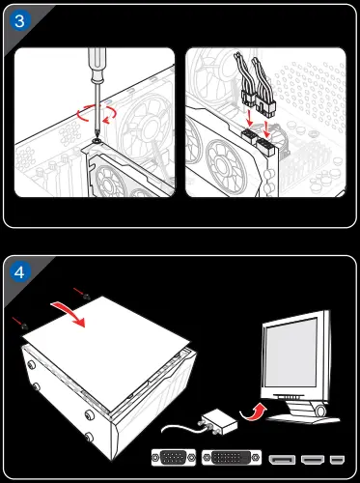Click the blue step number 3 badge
point(19,21)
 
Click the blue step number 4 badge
point(19,272)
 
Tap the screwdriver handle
point(97,65)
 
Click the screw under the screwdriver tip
point(96,141)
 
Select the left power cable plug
point(248,99)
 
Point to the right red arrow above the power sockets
point(267,129)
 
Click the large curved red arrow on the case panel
point(69,313)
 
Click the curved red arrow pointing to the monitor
point(253,412)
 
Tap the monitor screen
point(291,353)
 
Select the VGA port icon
point(174,458)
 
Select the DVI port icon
point(232,458)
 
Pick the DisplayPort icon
point(282,460)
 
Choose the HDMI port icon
point(313,460)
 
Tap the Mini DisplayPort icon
point(337,460)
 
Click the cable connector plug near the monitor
point(219,421)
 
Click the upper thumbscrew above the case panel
point(86,297)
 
